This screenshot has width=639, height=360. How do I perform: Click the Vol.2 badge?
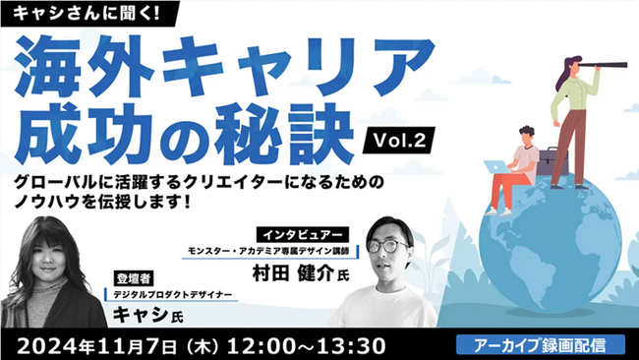[x=400, y=142]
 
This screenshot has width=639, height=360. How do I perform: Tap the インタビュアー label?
[x=303, y=235]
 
